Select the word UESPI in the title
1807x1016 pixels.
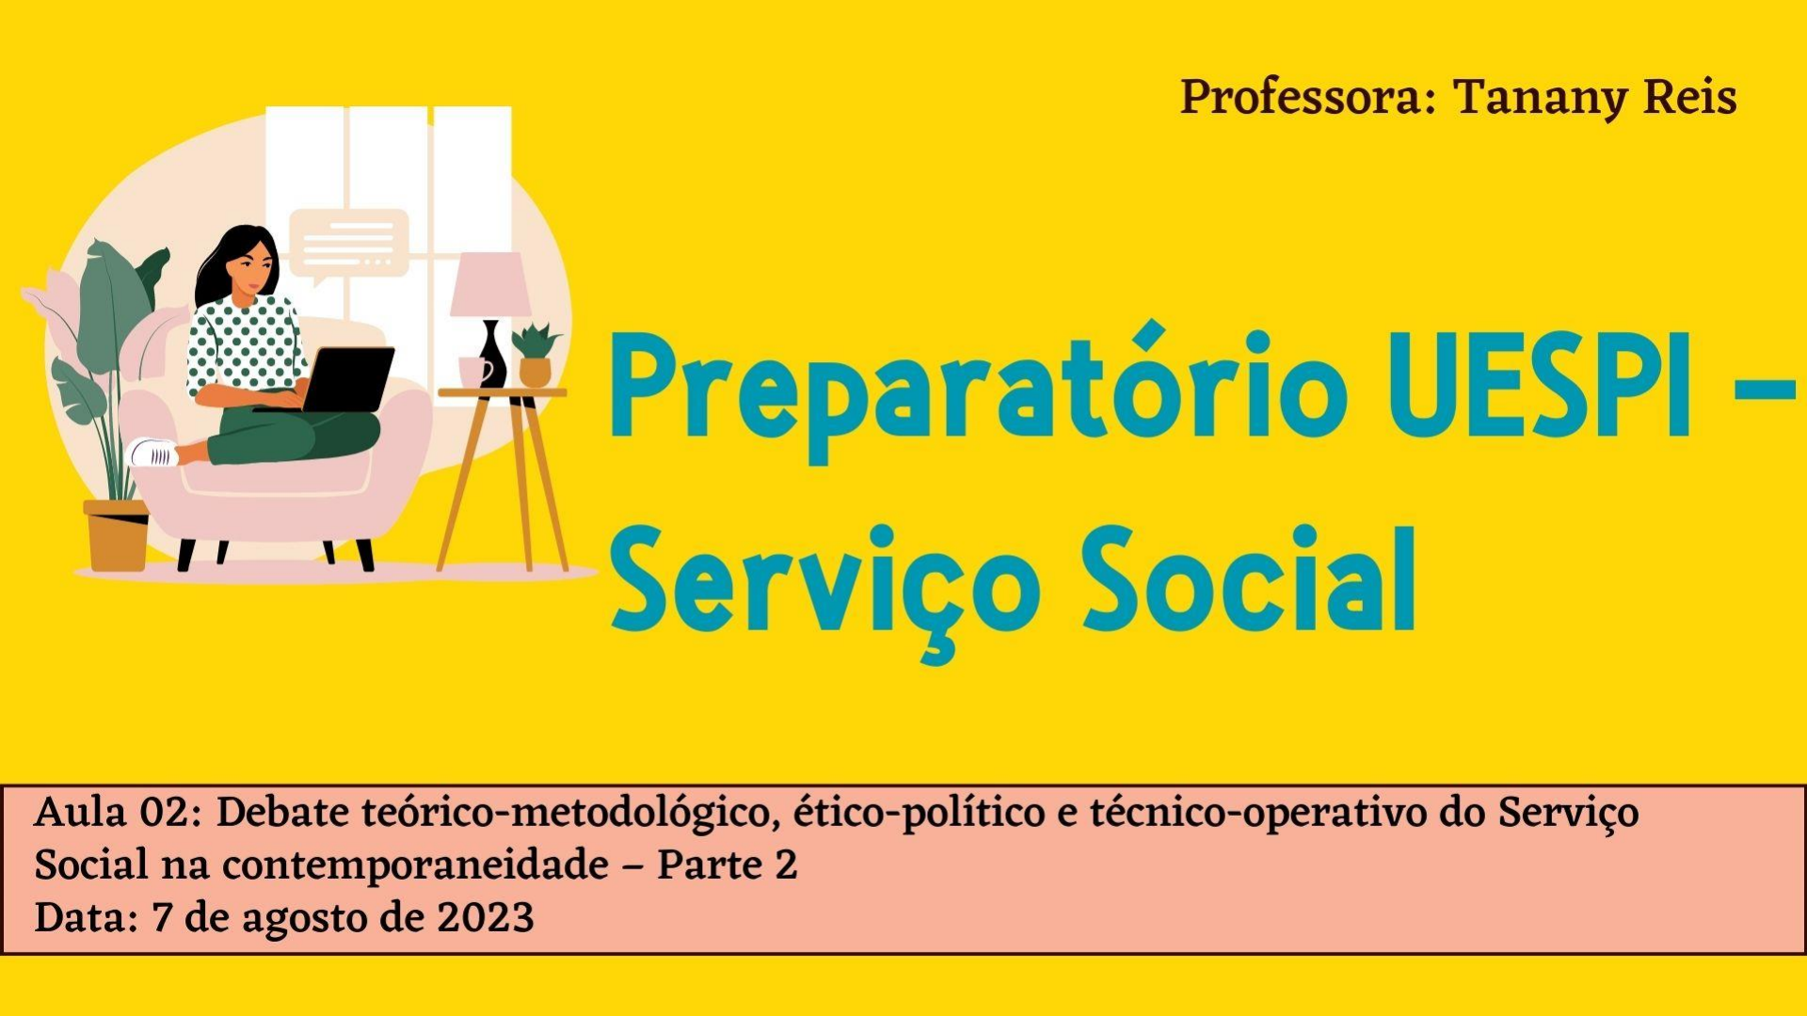click(x=1544, y=389)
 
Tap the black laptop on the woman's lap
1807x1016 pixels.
click(x=334, y=380)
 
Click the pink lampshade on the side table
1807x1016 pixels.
click(x=489, y=284)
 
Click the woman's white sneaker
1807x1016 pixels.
click(x=154, y=452)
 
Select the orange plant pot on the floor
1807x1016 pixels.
click(x=117, y=535)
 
